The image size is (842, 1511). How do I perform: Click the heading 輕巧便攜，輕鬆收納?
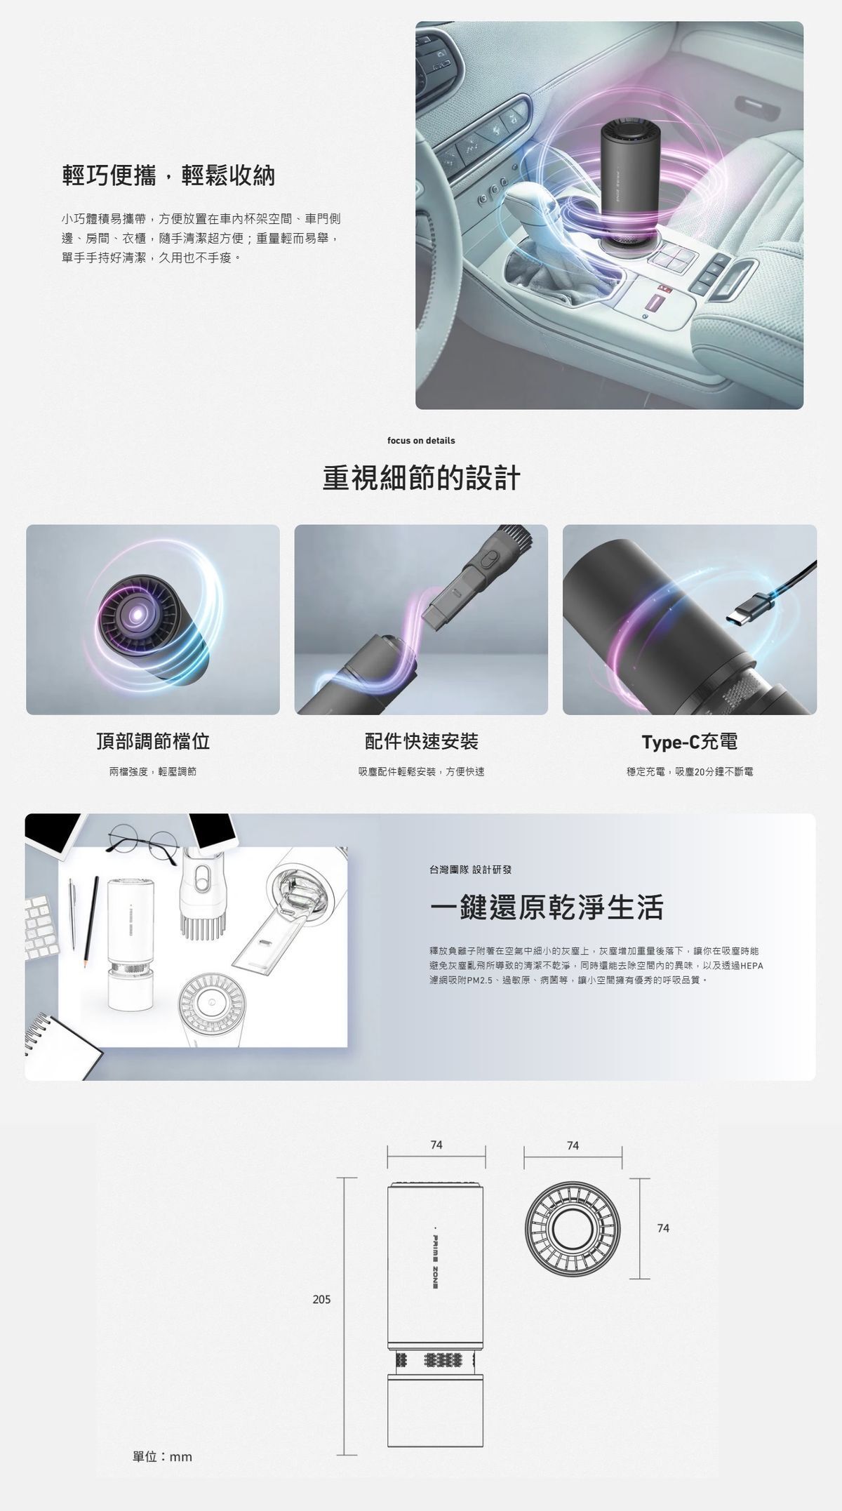pos(168,175)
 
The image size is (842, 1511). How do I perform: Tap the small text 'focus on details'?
pos(421,441)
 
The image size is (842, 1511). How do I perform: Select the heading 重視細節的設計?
pos(421,478)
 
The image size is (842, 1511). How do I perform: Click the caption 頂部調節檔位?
pos(153,741)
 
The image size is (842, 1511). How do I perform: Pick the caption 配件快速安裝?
pos(421,741)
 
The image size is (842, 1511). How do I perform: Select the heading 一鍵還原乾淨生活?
pos(547,907)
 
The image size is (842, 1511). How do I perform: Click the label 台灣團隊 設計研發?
pos(471,870)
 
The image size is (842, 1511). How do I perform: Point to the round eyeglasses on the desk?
pos(142,837)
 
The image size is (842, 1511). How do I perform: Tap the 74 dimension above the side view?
pos(436,1145)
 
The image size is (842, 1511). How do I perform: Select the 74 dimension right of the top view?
pos(663,1227)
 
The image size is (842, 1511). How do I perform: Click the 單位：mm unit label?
pos(162,1457)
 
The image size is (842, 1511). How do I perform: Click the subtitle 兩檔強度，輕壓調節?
pos(153,771)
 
